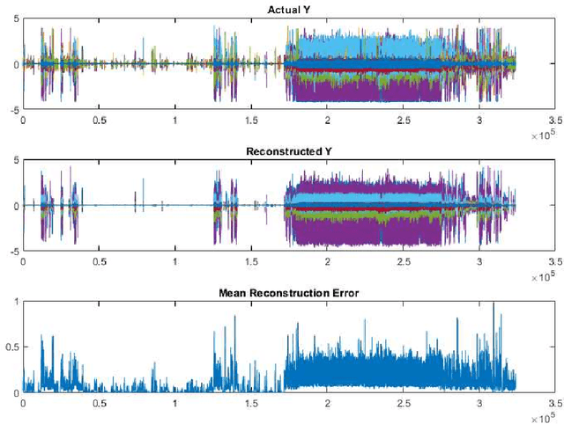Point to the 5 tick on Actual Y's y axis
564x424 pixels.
point(15,19)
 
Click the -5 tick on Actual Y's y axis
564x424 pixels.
point(12,110)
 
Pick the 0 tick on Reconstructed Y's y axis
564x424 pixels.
point(15,206)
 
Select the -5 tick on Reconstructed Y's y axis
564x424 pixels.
point(12,252)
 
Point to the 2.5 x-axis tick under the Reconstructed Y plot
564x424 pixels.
point(404,261)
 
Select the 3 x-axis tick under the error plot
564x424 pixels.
point(479,403)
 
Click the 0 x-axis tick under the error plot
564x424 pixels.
point(23,403)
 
